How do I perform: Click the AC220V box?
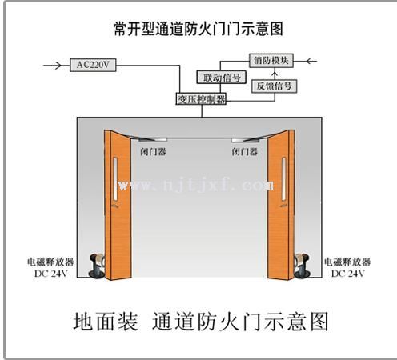click(x=93, y=65)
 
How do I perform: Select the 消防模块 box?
click(x=271, y=60)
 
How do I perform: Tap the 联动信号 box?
click(x=222, y=78)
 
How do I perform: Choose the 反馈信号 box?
click(x=274, y=86)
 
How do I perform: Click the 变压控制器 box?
click(x=201, y=99)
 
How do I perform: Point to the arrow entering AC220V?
click(x=53, y=65)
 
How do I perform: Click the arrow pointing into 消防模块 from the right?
click(x=311, y=61)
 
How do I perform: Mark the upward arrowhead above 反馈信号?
click(x=275, y=73)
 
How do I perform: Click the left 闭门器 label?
click(x=153, y=152)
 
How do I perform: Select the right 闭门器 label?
click(x=244, y=152)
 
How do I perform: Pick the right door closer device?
click(x=249, y=138)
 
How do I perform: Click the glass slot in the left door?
click(x=115, y=178)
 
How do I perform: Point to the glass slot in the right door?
click(x=283, y=178)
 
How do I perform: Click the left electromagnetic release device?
click(x=97, y=266)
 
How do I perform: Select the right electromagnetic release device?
click(x=302, y=266)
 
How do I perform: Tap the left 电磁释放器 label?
click(x=50, y=262)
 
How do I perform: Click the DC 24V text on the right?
click(x=347, y=274)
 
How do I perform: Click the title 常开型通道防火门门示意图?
click(x=198, y=29)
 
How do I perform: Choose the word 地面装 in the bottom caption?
click(x=106, y=322)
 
